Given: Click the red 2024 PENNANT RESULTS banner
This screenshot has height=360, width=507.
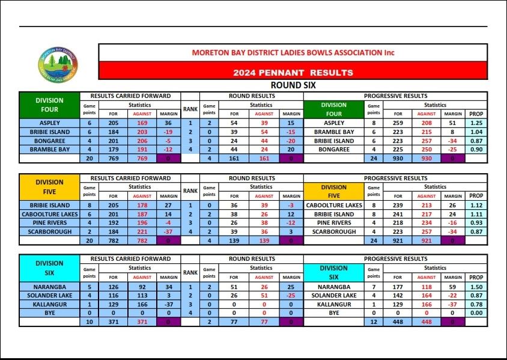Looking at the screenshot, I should [293, 73].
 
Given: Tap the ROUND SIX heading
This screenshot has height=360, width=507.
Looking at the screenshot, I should [293, 86].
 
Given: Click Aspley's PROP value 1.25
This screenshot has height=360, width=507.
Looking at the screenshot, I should [476, 123].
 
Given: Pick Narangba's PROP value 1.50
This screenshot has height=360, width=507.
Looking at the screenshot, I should [476, 287].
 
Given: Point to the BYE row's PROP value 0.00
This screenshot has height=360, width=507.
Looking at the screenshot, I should [476, 313].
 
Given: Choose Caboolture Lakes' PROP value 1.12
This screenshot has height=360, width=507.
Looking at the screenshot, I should [476, 205].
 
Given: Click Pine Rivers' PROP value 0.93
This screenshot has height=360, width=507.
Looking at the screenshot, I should [476, 222].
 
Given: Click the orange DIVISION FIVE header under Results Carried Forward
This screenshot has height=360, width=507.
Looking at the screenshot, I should [49, 187].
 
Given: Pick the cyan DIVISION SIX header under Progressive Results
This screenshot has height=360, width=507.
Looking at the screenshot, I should [333, 273].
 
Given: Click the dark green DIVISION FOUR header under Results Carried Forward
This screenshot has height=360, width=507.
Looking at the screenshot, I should [49, 105].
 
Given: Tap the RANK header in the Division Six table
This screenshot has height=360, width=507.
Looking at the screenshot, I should [190, 273].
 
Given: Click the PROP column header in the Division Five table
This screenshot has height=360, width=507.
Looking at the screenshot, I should [476, 196].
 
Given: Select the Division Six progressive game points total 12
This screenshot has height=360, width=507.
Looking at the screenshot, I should [373, 322].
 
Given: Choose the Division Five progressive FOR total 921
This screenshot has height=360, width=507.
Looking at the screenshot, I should [398, 240].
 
